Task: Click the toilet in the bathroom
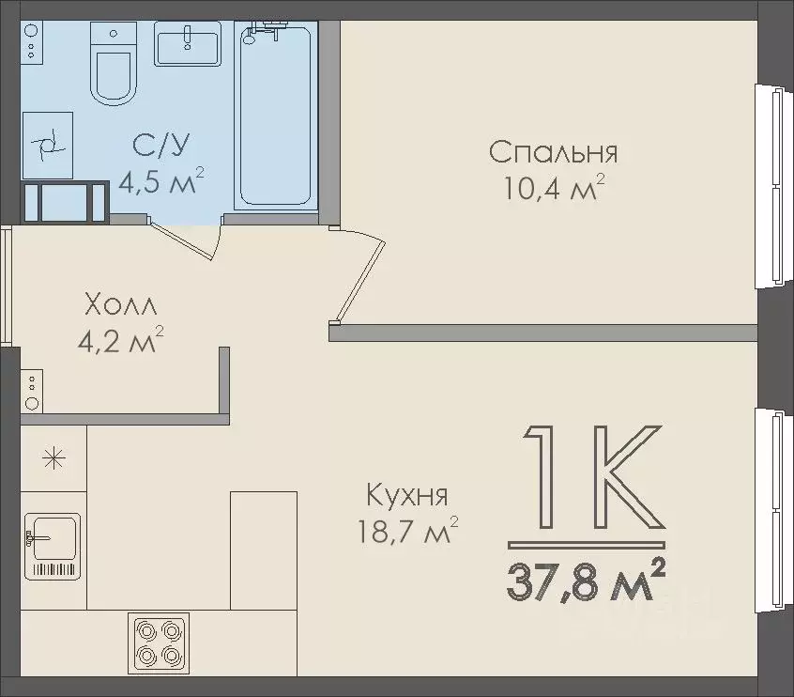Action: click(x=113, y=64)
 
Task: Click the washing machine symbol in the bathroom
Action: click(x=47, y=144)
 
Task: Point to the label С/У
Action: click(x=161, y=145)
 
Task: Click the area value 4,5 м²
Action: click(x=160, y=180)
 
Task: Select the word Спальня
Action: click(x=553, y=152)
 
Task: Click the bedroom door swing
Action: click(x=361, y=274)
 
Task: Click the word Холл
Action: click(x=121, y=305)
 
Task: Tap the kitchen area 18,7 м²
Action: click(x=406, y=533)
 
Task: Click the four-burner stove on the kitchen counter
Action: click(x=159, y=643)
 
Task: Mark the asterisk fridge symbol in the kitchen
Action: click(x=53, y=459)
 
